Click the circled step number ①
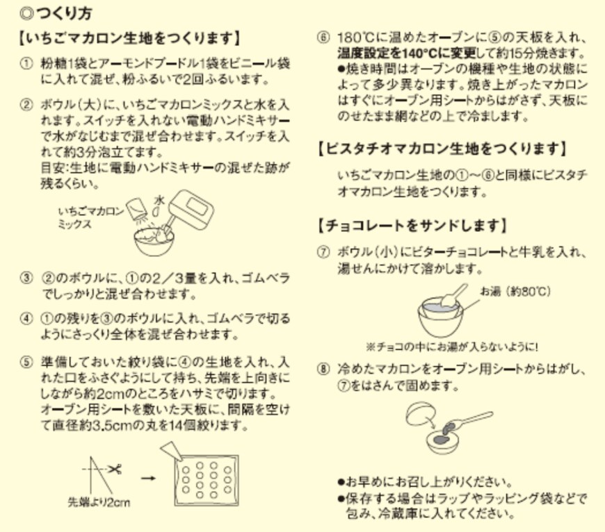coord(26,63)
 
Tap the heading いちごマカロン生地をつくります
coord(129,38)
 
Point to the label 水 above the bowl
coord(158,197)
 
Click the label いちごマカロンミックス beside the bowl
coord(90,218)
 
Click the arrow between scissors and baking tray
coord(146,478)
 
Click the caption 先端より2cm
coord(98,501)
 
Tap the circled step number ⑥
coord(322,38)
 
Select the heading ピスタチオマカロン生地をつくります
coord(441,148)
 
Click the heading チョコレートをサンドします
coord(411,226)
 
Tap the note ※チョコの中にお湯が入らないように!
coord(452,345)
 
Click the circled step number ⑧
coord(322,369)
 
